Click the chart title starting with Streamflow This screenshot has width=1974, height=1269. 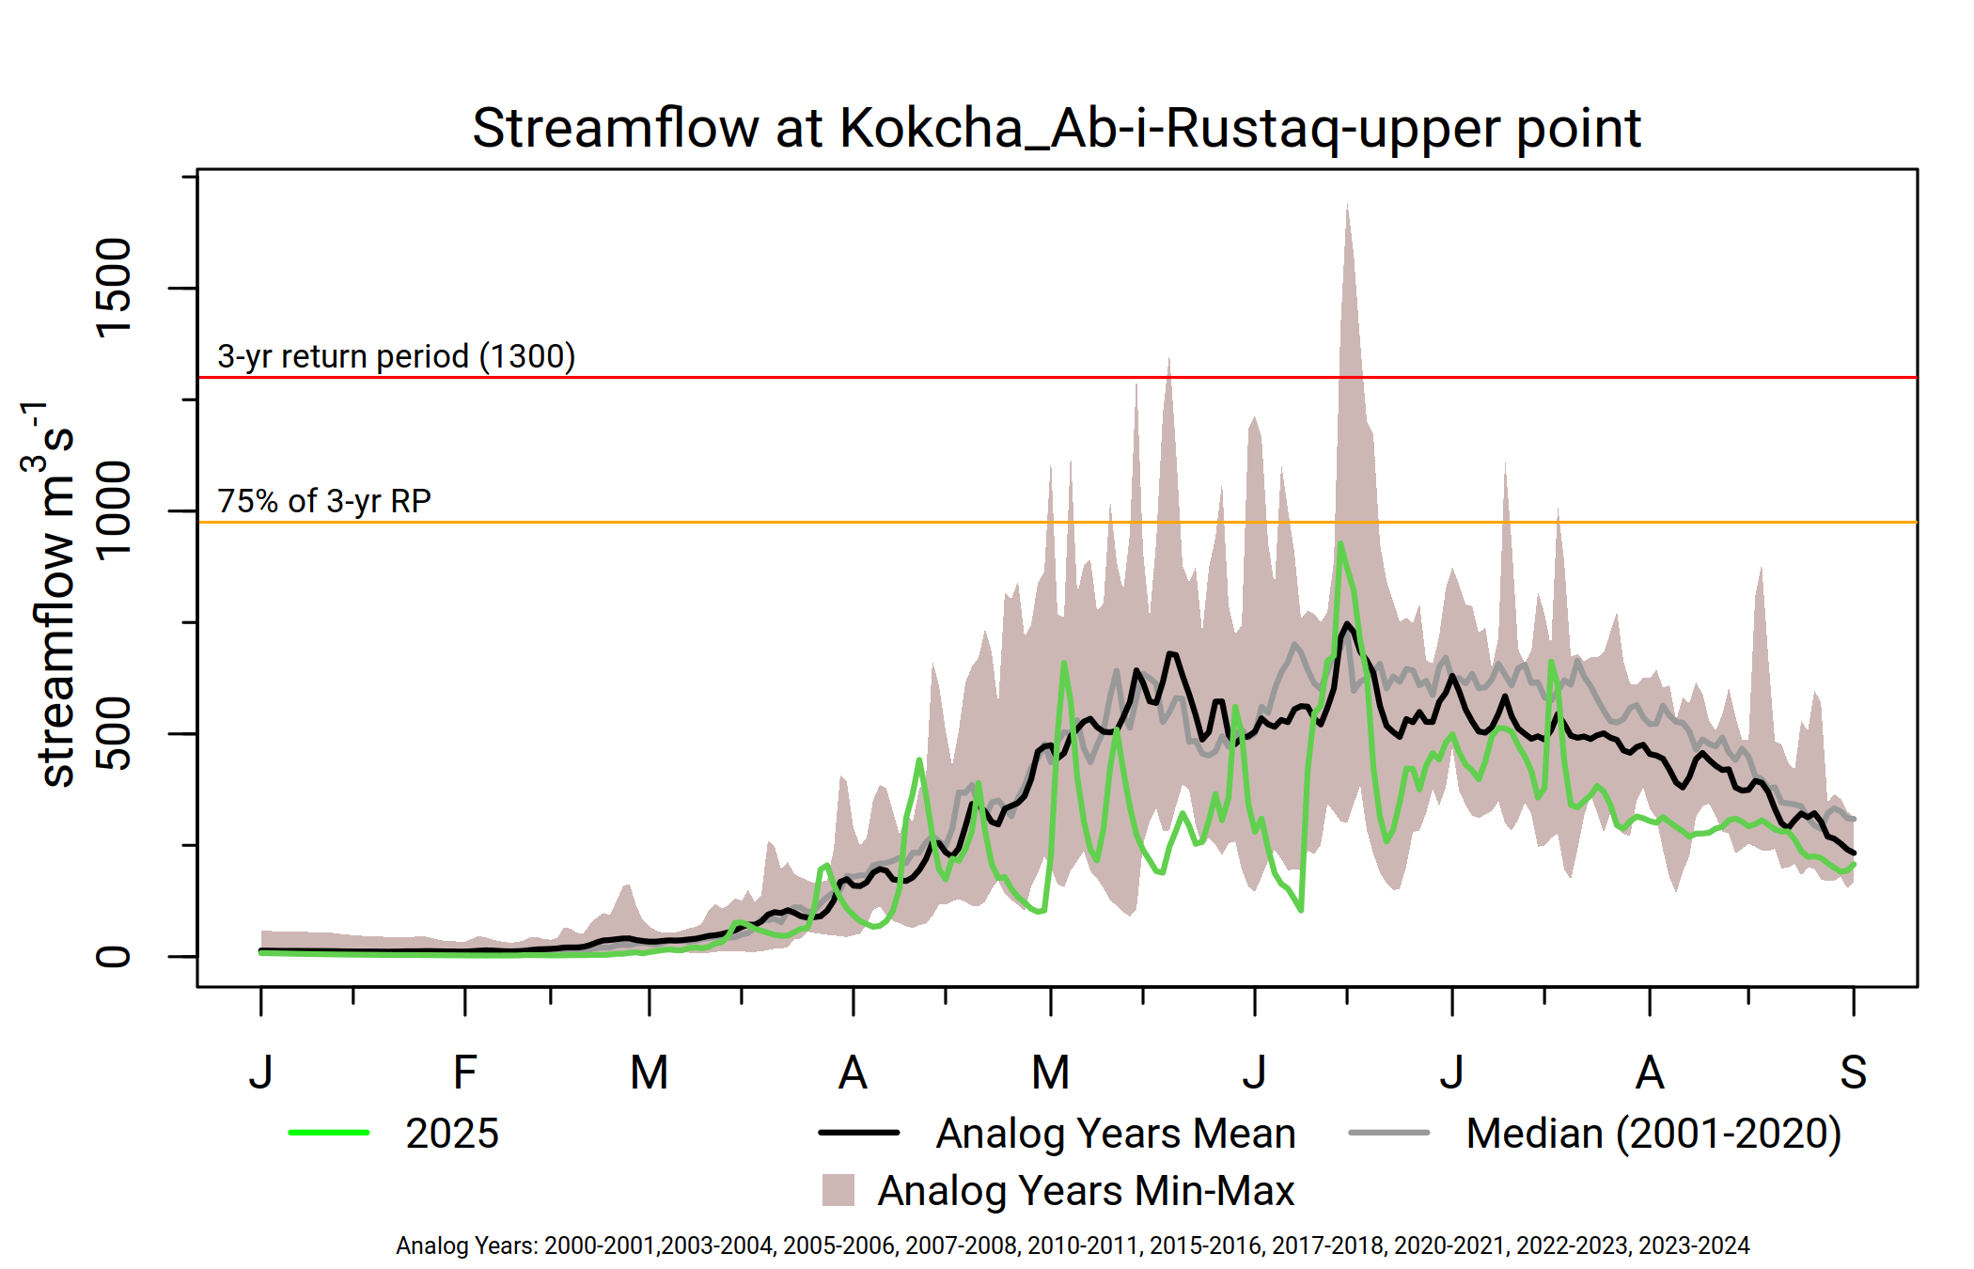tap(1056, 128)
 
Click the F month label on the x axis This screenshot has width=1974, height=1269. tap(465, 1072)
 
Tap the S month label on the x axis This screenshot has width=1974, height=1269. tap(1853, 1072)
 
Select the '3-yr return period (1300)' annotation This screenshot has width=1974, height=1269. tap(396, 356)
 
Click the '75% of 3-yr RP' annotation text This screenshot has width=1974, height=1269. tap(324, 501)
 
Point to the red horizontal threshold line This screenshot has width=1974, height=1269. tap(940, 377)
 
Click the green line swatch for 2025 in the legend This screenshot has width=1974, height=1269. tap(329, 1133)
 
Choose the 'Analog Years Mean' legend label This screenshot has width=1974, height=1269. tap(1116, 1134)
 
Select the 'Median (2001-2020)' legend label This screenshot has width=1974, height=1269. tap(1653, 1134)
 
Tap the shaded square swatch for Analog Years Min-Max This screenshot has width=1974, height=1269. tap(838, 1190)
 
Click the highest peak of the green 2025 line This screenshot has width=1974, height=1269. tap(1340, 544)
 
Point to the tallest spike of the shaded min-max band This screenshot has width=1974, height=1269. tap(1347, 207)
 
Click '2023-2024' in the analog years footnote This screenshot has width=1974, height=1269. tap(1694, 1245)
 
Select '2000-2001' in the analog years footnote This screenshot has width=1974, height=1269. tap(601, 1245)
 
